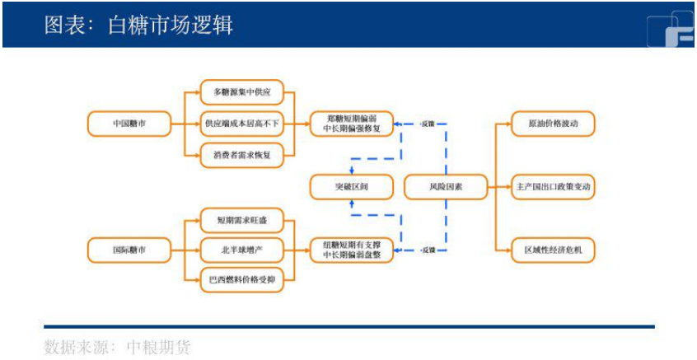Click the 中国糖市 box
(129, 124)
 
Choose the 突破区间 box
(351, 187)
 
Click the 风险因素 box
(445, 187)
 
